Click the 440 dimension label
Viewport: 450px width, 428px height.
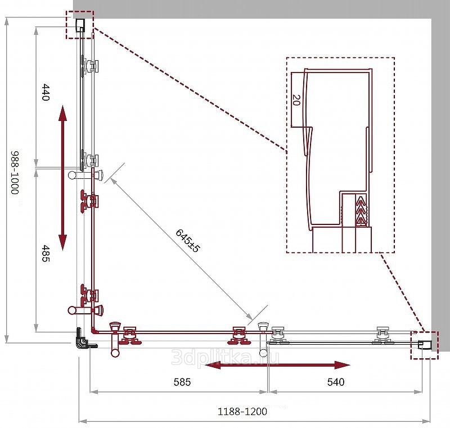[x=46, y=92]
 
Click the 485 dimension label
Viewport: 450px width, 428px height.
[x=46, y=253]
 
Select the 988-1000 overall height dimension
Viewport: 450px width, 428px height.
[x=15, y=173]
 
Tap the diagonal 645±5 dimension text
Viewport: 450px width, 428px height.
[x=187, y=240]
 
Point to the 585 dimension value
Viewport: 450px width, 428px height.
[x=182, y=382]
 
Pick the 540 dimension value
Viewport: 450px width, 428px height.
[x=336, y=382]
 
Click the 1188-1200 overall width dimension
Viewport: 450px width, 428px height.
[x=242, y=411]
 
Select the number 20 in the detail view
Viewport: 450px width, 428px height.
[x=296, y=100]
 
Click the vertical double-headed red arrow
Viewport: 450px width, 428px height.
[x=62, y=178]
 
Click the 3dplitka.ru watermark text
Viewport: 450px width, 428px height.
[x=225, y=357]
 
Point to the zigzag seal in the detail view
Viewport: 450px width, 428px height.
[x=361, y=210]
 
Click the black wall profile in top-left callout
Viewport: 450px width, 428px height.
[x=80, y=25]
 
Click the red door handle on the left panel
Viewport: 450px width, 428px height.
[x=85, y=309]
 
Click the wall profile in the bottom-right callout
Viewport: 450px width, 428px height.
[x=425, y=345]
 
